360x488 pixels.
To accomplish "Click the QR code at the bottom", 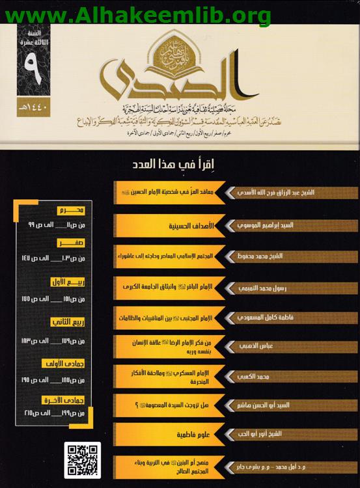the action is click(x=83, y=460).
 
